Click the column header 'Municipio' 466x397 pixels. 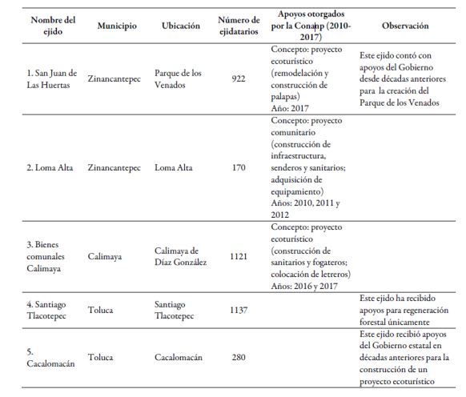[117, 26]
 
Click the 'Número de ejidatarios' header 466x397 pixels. [238, 26]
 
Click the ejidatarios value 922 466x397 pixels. [238, 78]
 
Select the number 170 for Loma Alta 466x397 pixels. [238, 168]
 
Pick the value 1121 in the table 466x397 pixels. [238, 257]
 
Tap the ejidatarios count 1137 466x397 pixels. [238, 310]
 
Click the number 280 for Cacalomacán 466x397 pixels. [238, 356]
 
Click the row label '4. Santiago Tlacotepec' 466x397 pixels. [48, 310]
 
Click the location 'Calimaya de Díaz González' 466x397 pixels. [181, 257]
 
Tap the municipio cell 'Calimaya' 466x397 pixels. [108, 257]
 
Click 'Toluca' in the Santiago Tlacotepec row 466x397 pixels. [102, 310]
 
